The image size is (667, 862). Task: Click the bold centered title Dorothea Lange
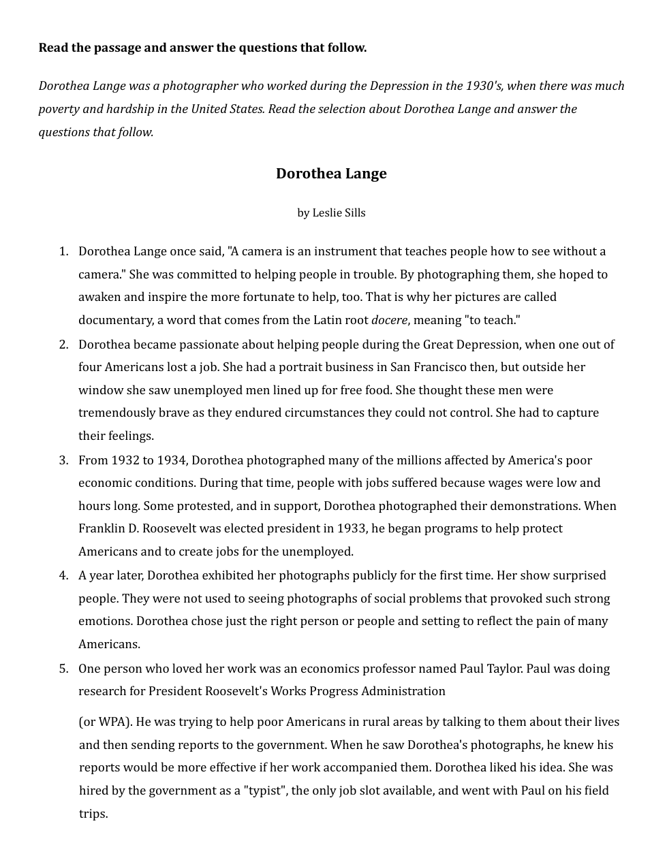coord(331,174)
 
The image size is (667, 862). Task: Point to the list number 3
coord(63,460)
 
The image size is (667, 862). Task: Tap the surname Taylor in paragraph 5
coord(503,669)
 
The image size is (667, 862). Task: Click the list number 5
coord(63,669)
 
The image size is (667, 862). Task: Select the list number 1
coord(63,251)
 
